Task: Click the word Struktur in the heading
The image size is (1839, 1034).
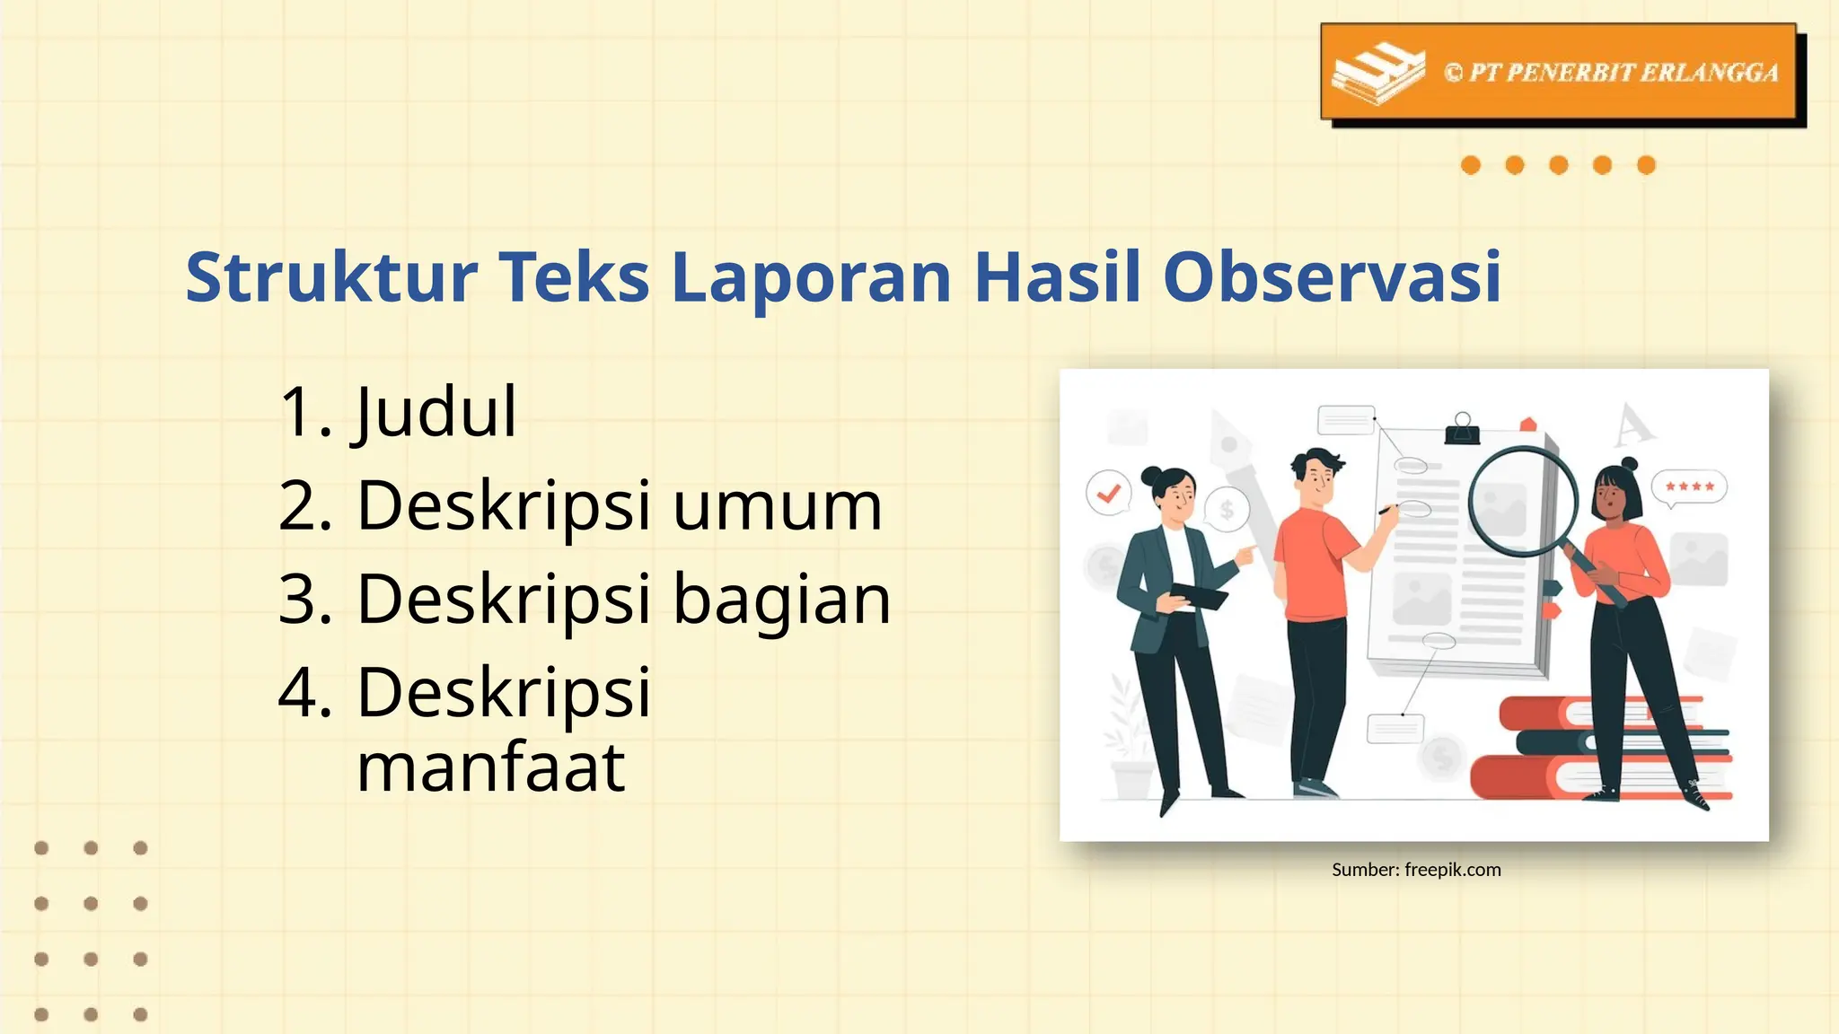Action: pyautogui.click(x=330, y=277)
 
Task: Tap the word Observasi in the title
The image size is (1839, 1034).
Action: pyautogui.click(x=1332, y=277)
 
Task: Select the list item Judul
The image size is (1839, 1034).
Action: pyautogui.click(x=436, y=412)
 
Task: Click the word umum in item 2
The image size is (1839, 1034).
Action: pyautogui.click(x=778, y=506)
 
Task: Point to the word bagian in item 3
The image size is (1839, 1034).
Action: pyautogui.click(x=781, y=600)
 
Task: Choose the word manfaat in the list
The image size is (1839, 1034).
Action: pyautogui.click(x=490, y=768)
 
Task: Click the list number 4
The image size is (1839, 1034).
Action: pyautogui.click(x=305, y=693)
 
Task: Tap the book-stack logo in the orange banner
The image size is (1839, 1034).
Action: pyautogui.click(x=1377, y=72)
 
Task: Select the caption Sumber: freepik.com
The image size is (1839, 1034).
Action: pyautogui.click(x=1416, y=870)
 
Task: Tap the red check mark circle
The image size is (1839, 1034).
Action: pyautogui.click(x=1109, y=493)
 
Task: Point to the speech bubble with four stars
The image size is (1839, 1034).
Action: pyautogui.click(x=1689, y=487)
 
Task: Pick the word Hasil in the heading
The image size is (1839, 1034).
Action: pyautogui.click(x=1058, y=277)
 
